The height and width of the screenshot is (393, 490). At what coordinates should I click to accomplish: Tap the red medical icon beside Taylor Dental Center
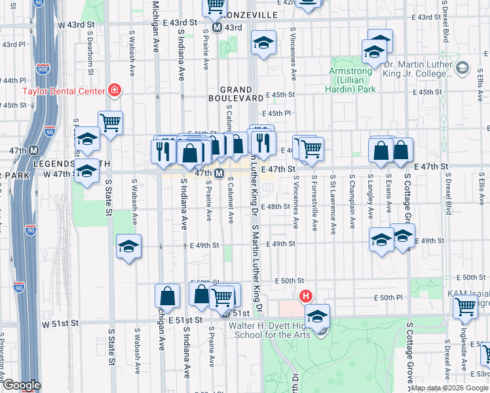[x=115, y=89]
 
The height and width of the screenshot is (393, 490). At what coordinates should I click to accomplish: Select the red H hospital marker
[x=305, y=296]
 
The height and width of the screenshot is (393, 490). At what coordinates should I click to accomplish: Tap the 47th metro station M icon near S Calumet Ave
[x=220, y=174]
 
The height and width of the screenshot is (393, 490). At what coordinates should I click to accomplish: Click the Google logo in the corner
[x=21, y=385]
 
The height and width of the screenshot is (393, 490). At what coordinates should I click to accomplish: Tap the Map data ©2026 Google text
[x=449, y=388]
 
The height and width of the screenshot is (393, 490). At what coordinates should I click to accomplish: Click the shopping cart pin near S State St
[x=111, y=121]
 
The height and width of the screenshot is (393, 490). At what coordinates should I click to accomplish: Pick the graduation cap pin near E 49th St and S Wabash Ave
[x=129, y=246]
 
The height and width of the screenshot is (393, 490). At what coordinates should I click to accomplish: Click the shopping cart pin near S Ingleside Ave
[x=465, y=306]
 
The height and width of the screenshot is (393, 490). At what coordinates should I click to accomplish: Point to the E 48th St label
[x=275, y=206]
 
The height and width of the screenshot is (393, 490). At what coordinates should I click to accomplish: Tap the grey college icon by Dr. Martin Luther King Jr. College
[x=463, y=67]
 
